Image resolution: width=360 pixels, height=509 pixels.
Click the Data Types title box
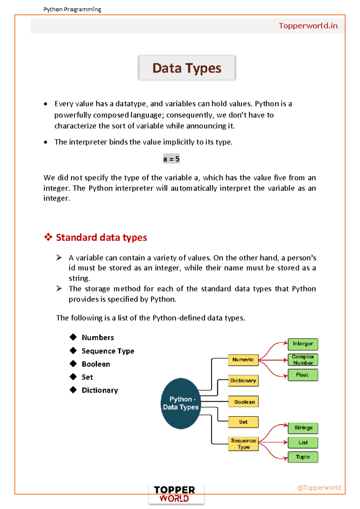[x=187, y=68]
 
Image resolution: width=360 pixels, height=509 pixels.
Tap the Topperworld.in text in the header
[x=308, y=26]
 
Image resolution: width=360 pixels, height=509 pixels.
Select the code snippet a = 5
[x=171, y=159]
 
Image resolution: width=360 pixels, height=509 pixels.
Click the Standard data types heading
[x=101, y=237]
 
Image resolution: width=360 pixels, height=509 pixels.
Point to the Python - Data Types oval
[x=181, y=403]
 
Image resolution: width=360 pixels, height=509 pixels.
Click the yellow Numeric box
[x=243, y=360]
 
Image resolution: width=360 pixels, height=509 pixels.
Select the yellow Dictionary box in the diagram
[x=243, y=381]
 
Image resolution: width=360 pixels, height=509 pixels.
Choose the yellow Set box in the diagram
[x=243, y=422]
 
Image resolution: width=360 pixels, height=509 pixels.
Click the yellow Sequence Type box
[x=243, y=444]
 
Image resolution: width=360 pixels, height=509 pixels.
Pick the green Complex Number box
[x=303, y=360]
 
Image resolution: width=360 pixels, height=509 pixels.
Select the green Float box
[x=302, y=375]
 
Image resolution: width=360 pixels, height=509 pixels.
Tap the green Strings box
[x=303, y=428]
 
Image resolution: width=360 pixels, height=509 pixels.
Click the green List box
[x=303, y=442]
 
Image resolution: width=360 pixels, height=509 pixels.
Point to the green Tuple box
[x=303, y=457]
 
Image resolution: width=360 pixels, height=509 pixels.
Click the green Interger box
[x=303, y=344]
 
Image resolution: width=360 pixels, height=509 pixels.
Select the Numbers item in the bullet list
[x=98, y=338]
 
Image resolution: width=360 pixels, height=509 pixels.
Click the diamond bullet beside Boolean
[x=73, y=364]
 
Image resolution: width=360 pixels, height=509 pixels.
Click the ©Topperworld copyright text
[x=319, y=488]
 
